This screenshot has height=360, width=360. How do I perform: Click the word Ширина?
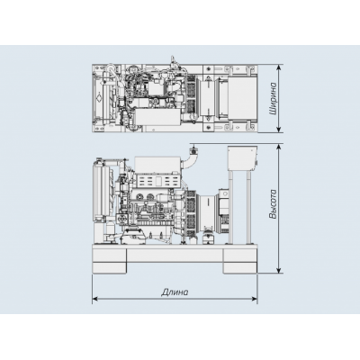[x=272, y=98]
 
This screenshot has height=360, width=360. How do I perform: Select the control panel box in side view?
[x=240, y=159]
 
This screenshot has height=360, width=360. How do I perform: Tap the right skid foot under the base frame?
[x=238, y=261]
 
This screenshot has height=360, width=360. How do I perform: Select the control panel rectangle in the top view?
[x=240, y=98]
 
